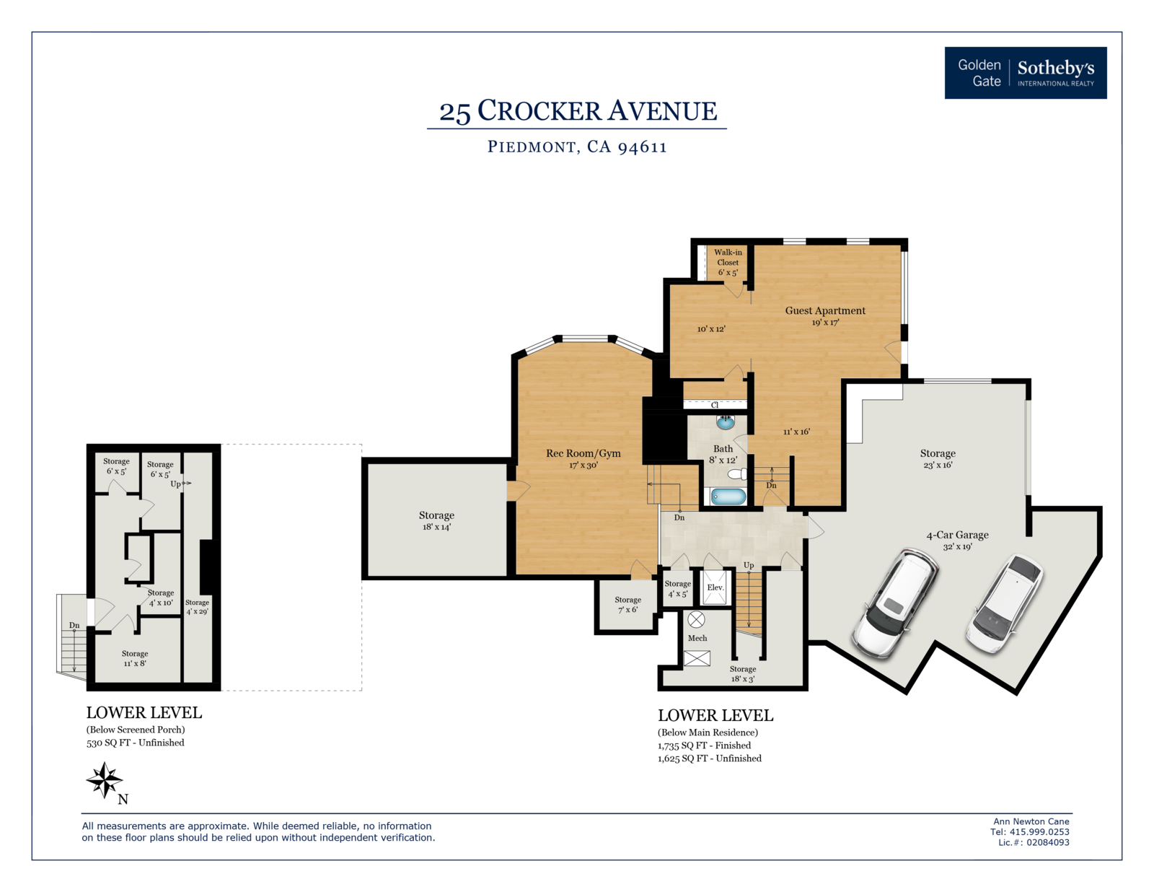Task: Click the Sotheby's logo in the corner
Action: point(1026,73)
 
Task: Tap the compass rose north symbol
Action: point(105,780)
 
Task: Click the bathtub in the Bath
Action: point(728,497)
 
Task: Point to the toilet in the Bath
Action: point(737,474)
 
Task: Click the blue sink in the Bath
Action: point(725,422)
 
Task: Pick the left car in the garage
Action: point(895,603)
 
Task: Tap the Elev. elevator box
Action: point(715,587)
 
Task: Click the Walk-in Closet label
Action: point(728,263)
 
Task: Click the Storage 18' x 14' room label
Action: point(436,520)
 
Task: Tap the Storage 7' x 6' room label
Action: point(627,605)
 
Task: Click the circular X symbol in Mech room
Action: point(696,619)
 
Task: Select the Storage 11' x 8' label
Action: point(135,658)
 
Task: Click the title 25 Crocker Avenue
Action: point(578,111)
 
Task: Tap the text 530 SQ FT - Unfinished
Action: point(136,743)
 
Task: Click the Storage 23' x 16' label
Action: point(938,458)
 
